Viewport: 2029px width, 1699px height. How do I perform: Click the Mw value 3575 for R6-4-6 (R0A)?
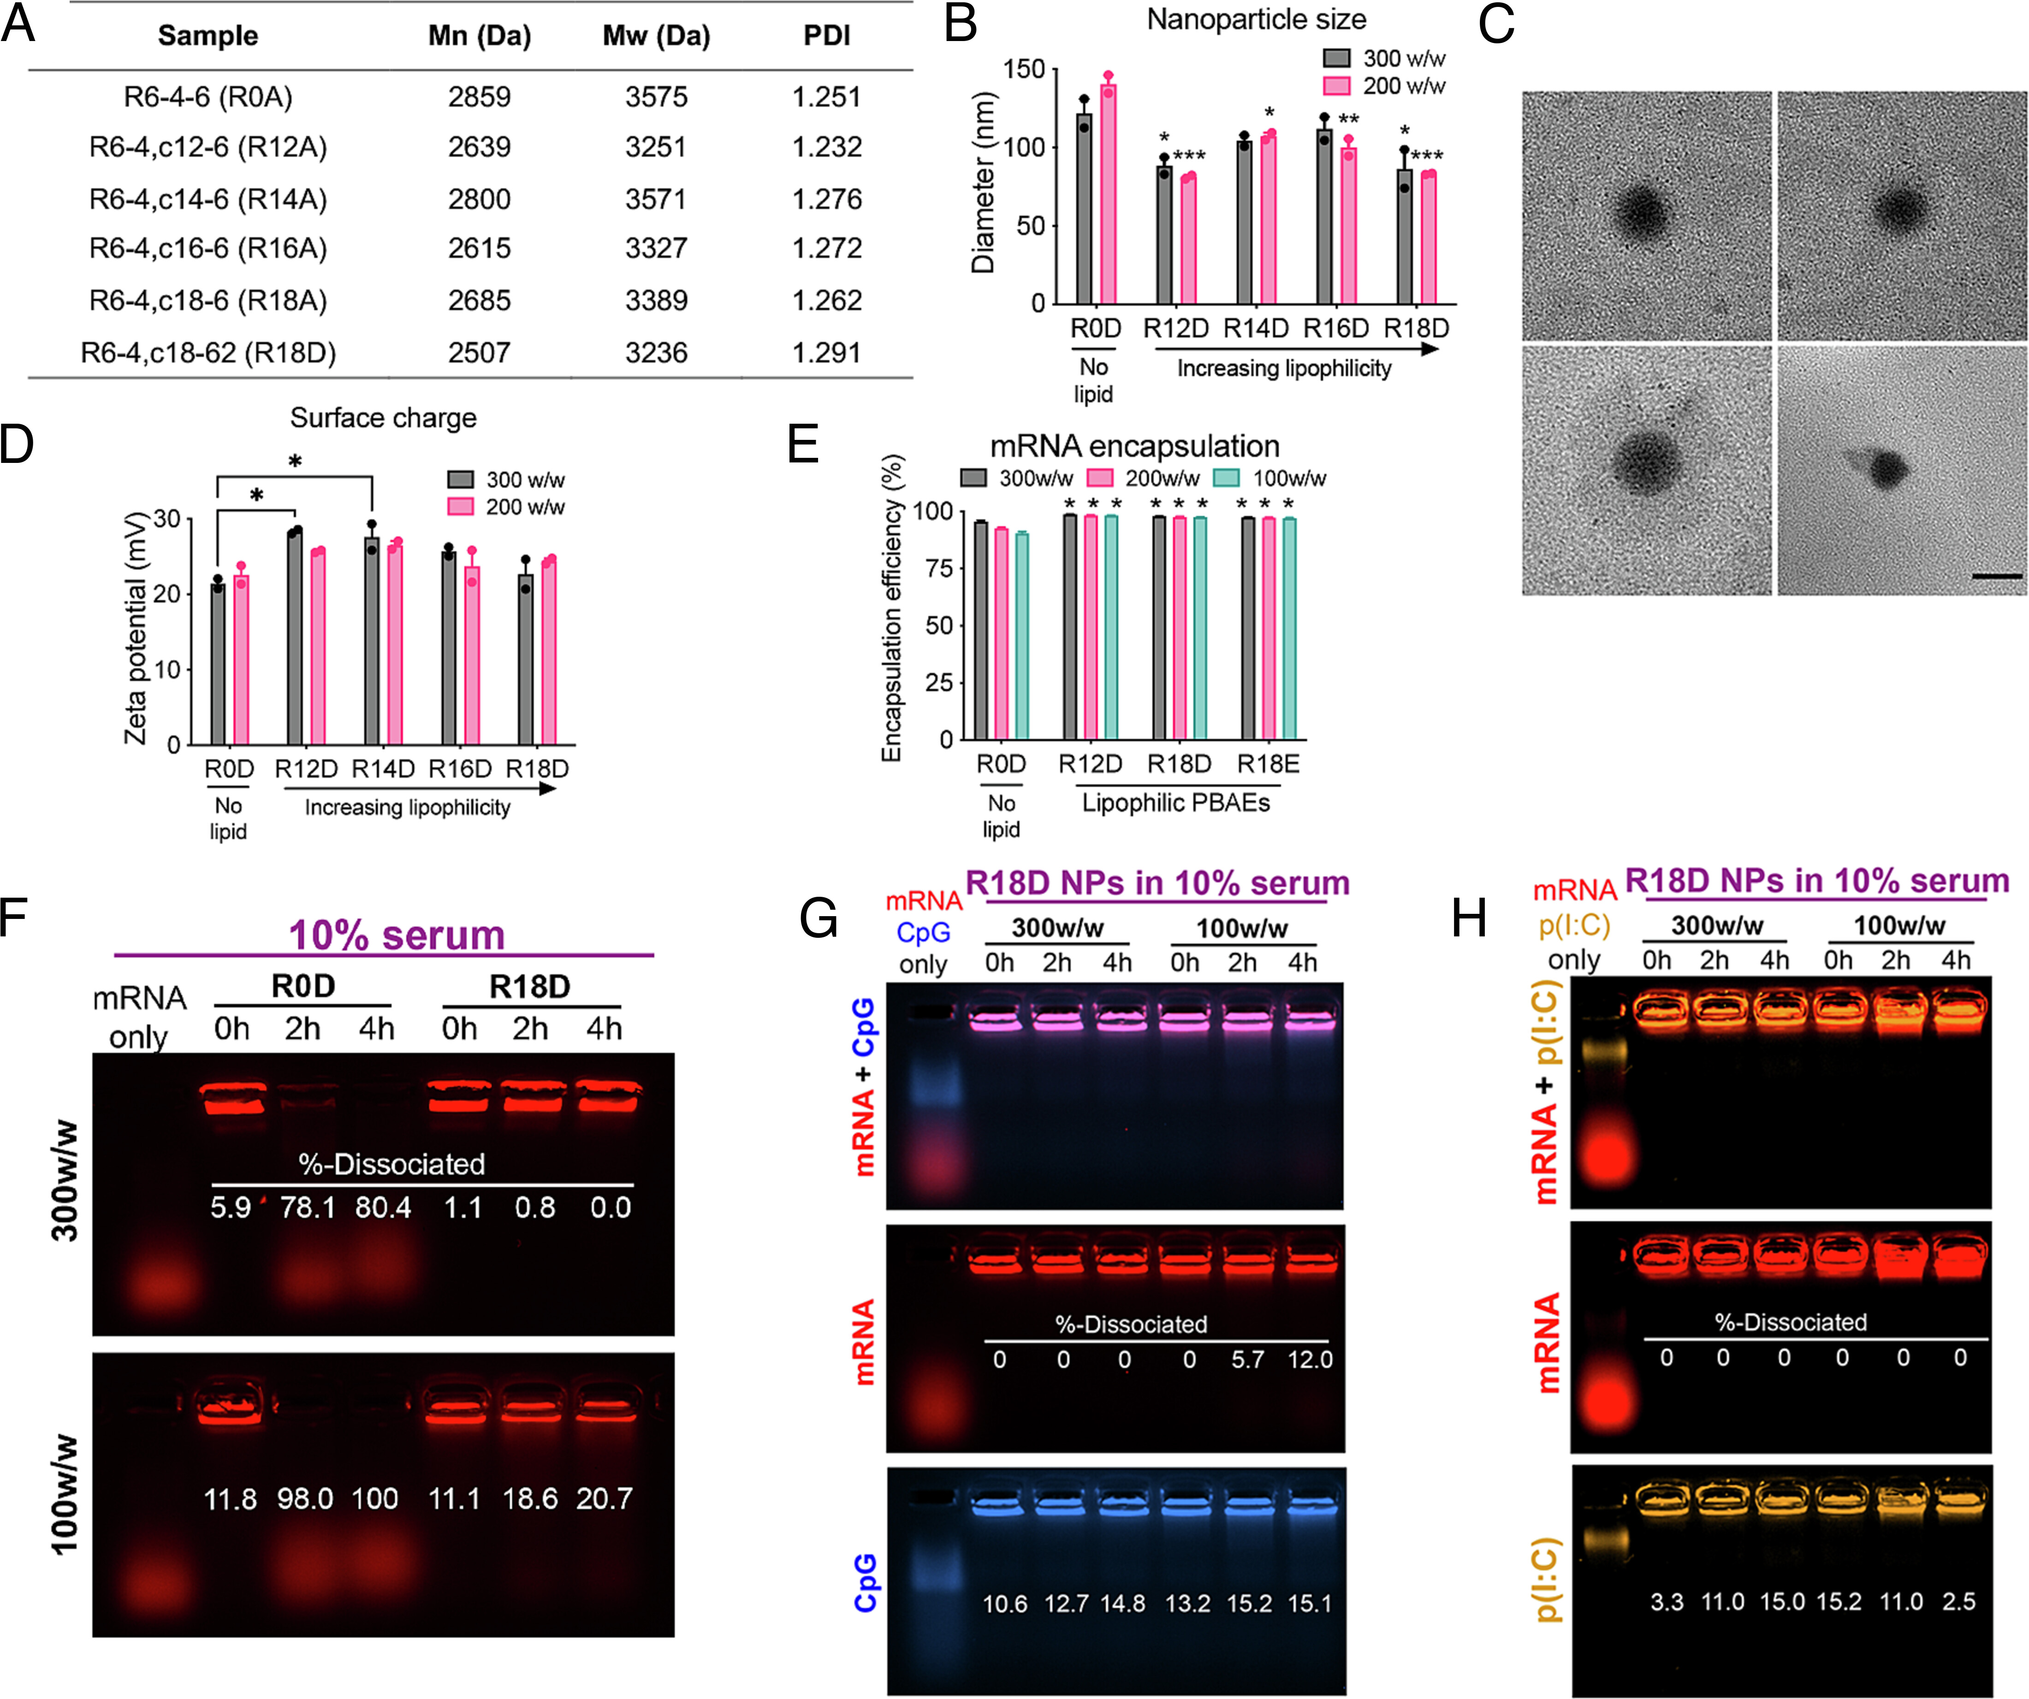[x=656, y=96]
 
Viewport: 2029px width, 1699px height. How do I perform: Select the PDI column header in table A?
[x=826, y=36]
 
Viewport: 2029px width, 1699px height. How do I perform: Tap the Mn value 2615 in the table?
[x=479, y=248]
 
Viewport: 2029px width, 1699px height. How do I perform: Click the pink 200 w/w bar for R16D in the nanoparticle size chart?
[x=1349, y=226]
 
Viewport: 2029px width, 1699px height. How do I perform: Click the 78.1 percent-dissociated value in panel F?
[x=307, y=1208]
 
